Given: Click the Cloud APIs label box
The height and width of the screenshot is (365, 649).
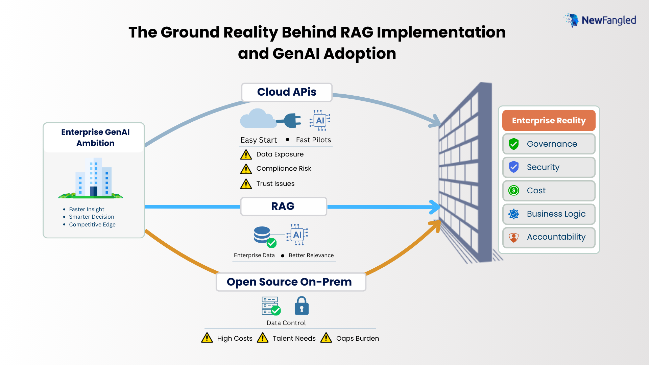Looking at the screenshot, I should click(287, 92).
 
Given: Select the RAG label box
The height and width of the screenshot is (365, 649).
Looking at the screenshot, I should click(283, 206).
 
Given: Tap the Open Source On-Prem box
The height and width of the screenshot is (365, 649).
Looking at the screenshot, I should click(290, 282).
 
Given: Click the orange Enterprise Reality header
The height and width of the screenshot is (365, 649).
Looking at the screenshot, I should click(548, 121).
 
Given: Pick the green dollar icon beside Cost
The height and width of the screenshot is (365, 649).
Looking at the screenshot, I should click(513, 191).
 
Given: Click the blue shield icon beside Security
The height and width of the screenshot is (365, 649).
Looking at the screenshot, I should click(513, 167).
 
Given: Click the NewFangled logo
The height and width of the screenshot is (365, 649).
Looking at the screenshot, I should click(600, 20).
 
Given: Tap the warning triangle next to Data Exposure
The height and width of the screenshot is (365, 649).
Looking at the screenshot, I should click(246, 155).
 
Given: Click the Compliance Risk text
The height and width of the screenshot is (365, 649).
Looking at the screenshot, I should click(284, 168).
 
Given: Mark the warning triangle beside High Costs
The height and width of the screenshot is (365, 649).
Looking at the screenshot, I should click(207, 338).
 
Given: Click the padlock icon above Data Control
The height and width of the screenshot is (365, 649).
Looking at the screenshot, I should click(302, 306).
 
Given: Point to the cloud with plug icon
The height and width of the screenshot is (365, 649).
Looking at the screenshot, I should click(270, 119).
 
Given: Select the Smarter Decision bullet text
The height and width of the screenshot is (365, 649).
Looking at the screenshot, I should click(91, 217).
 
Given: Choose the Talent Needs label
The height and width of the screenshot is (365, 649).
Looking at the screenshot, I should click(294, 338).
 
